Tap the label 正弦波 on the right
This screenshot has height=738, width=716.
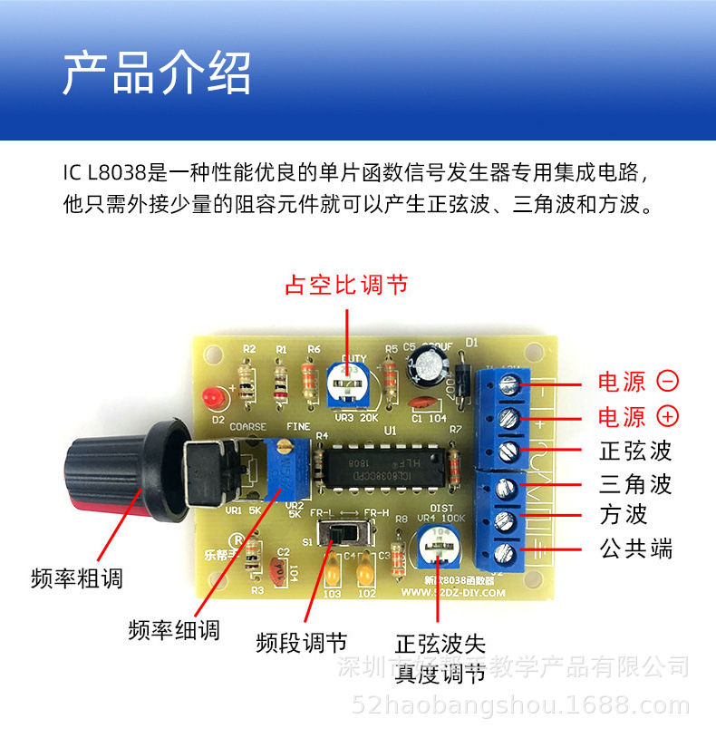point(636,451)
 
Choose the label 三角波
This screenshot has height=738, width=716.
point(636,483)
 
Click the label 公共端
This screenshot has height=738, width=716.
point(636,548)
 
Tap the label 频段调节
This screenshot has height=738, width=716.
point(302,644)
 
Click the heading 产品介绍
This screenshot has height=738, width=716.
point(156,73)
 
